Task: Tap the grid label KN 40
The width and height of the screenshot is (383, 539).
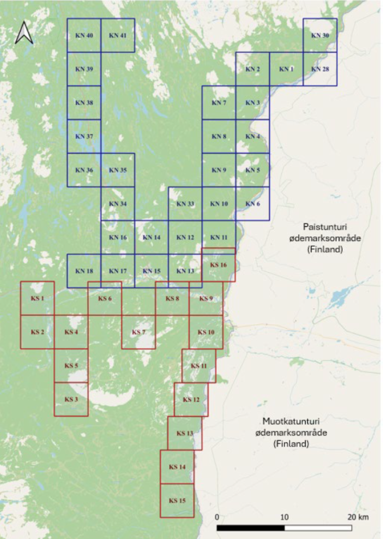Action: click(x=84, y=36)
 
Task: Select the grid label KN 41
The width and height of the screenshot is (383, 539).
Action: click(x=118, y=36)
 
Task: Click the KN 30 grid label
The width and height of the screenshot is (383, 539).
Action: click(x=320, y=36)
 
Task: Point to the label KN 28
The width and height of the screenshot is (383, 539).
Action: click(x=320, y=69)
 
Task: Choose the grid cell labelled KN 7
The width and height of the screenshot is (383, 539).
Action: click(x=219, y=103)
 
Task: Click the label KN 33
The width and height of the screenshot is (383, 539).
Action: click(x=185, y=204)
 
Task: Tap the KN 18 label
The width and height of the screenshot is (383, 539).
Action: click(x=84, y=271)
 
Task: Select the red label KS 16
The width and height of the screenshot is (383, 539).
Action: click(x=218, y=265)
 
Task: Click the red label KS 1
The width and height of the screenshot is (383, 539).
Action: click(x=37, y=298)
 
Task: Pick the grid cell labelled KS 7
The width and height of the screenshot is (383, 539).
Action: click(x=138, y=332)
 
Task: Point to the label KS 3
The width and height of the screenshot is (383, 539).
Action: click(x=71, y=399)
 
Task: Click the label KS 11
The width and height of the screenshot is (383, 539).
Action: click(x=198, y=366)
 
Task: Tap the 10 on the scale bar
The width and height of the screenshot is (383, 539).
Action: click(x=284, y=517)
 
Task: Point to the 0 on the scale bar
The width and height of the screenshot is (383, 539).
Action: click(x=217, y=517)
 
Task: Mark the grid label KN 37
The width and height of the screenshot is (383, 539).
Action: click(x=84, y=137)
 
